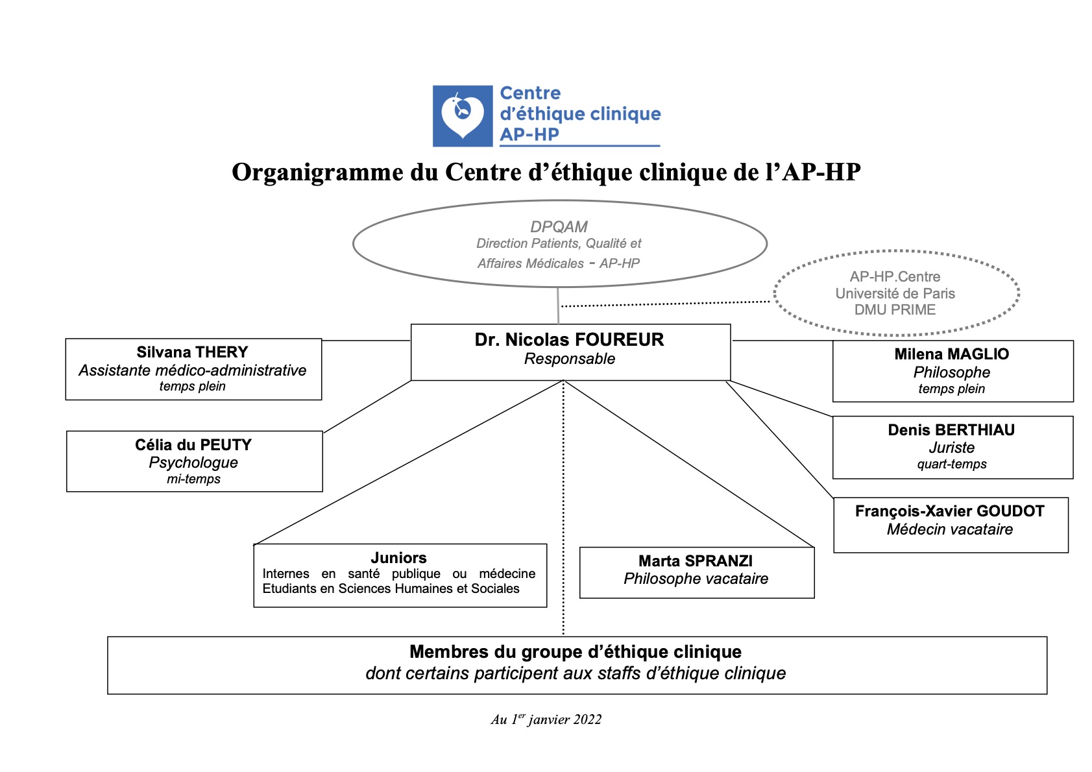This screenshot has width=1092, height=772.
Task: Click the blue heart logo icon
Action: tap(463, 115)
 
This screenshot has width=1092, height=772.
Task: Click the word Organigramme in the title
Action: tap(317, 173)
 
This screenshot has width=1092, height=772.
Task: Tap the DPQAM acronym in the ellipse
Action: tap(559, 226)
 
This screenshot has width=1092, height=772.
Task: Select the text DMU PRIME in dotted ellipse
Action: tap(895, 310)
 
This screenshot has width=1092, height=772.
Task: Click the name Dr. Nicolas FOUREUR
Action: tap(569, 340)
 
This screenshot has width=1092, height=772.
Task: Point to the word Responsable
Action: tap(569, 359)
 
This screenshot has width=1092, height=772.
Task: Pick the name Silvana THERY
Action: tap(192, 352)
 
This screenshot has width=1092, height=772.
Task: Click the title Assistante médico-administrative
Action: tap(192, 370)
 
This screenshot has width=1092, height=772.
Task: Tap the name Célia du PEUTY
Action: tap(193, 445)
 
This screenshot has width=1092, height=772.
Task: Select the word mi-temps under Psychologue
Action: tap(193, 479)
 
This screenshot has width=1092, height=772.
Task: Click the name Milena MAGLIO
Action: tap(951, 354)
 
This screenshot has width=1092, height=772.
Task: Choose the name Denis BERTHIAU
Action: tap(951, 430)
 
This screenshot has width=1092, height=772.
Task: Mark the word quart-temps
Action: tap(951, 464)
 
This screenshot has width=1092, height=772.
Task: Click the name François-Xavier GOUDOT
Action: tap(949, 511)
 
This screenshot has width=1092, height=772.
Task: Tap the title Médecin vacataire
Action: tap(949, 529)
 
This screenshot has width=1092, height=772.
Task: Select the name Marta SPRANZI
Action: tap(696, 561)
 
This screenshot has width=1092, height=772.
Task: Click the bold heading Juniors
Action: tap(398, 558)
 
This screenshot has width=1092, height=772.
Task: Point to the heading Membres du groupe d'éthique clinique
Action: tap(575, 652)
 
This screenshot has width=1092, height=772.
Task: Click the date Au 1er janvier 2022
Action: tap(546, 719)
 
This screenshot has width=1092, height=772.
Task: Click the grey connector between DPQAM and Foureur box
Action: tap(558, 306)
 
